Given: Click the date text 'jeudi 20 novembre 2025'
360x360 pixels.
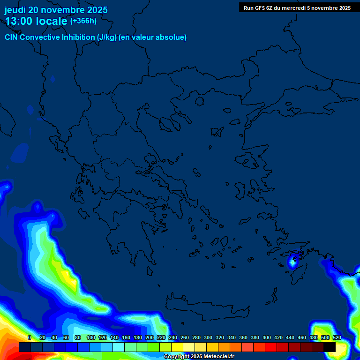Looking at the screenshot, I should [x=56, y=10].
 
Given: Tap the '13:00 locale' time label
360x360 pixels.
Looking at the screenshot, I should [x=36, y=21].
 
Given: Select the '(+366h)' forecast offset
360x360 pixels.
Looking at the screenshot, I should [x=83, y=21].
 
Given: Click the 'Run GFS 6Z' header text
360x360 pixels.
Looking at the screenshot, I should [x=262, y=7].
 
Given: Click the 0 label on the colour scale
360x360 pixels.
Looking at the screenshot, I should [x=30, y=337].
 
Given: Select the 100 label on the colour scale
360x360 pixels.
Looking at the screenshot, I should [x=91, y=337].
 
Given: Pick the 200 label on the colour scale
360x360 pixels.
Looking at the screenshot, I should [x=150, y=337].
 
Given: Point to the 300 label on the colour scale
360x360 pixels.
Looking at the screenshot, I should [x=208, y=337].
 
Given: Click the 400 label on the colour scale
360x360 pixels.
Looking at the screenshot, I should [x=267, y=337].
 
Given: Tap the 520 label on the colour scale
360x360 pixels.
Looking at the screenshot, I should [x=337, y=337].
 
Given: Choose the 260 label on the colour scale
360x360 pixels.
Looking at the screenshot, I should [x=185, y=337].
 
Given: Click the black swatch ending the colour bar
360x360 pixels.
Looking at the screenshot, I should [x=330, y=347].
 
